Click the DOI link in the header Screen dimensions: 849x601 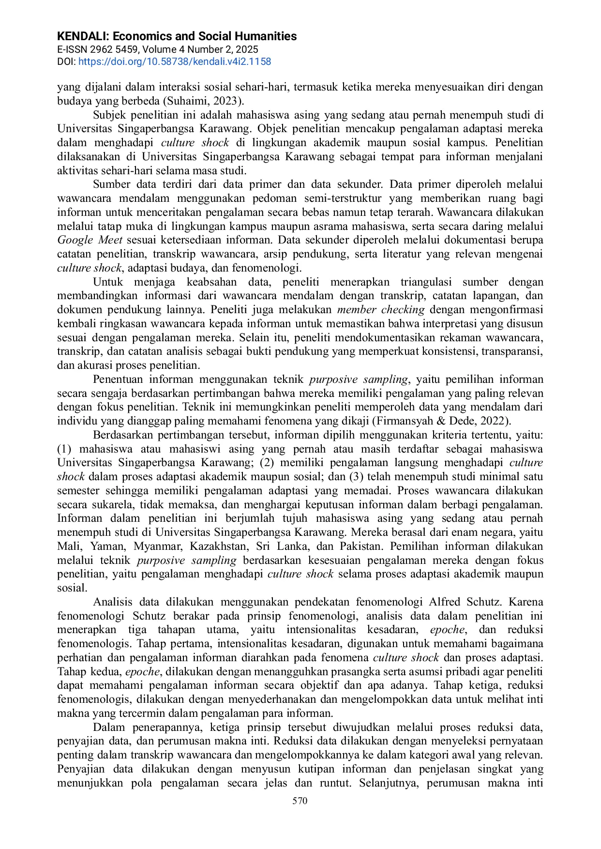[x=174, y=61]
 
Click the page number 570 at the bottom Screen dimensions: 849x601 [x=300, y=801]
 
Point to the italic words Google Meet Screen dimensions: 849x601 [x=90, y=240]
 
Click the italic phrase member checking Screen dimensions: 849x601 [x=381, y=310]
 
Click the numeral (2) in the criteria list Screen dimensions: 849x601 [x=267, y=463]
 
